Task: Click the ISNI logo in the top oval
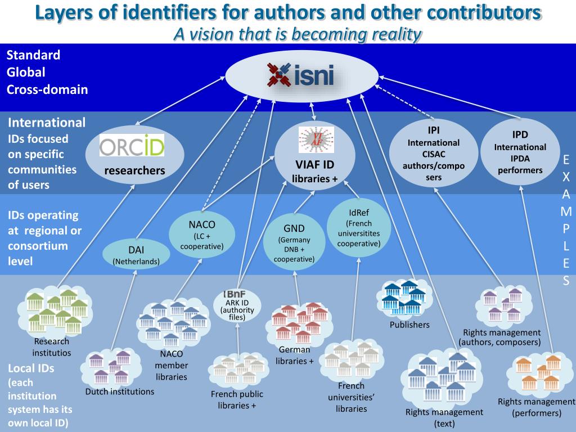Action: (x=300, y=75)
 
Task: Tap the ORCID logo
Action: (x=132, y=146)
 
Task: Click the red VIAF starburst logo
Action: (x=316, y=139)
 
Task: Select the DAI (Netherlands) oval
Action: (x=136, y=254)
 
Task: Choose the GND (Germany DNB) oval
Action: (x=294, y=242)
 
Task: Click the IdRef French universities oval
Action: (x=359, y=228)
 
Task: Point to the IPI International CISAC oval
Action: (x=434, y=153)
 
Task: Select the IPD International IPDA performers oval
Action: (x=520, y=152)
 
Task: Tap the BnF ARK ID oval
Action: (x=237, y=305)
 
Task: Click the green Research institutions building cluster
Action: (x=55, y=312)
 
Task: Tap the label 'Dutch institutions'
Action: (x=120, y=391)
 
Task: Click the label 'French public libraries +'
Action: (x=237, y=400)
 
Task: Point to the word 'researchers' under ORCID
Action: (x=135, y=170)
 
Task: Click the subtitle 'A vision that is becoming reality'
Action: (x=298, y=34)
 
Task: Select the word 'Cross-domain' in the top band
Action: (x=47, y=89)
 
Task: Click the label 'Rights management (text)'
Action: (x=444, y=418)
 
